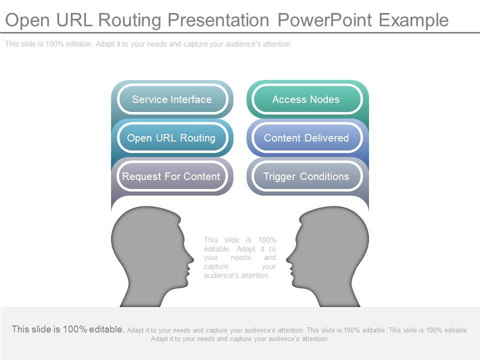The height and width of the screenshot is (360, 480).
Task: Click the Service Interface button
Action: (x=172, y=99)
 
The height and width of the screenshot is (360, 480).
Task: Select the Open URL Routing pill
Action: (x=171, y=138)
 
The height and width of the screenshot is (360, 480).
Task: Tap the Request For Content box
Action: (x=171, y=176)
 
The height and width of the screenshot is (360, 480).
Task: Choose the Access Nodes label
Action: (x=306, y=99)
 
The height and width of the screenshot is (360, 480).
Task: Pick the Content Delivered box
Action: (x=306, y=138)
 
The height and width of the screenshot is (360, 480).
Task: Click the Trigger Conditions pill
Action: (x=306, y=176)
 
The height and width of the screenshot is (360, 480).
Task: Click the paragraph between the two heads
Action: (x=240, y=257)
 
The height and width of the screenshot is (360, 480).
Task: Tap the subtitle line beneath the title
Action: (x=148, y=44)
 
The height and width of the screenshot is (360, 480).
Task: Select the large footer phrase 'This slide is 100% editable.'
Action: (x=68, y=329)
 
